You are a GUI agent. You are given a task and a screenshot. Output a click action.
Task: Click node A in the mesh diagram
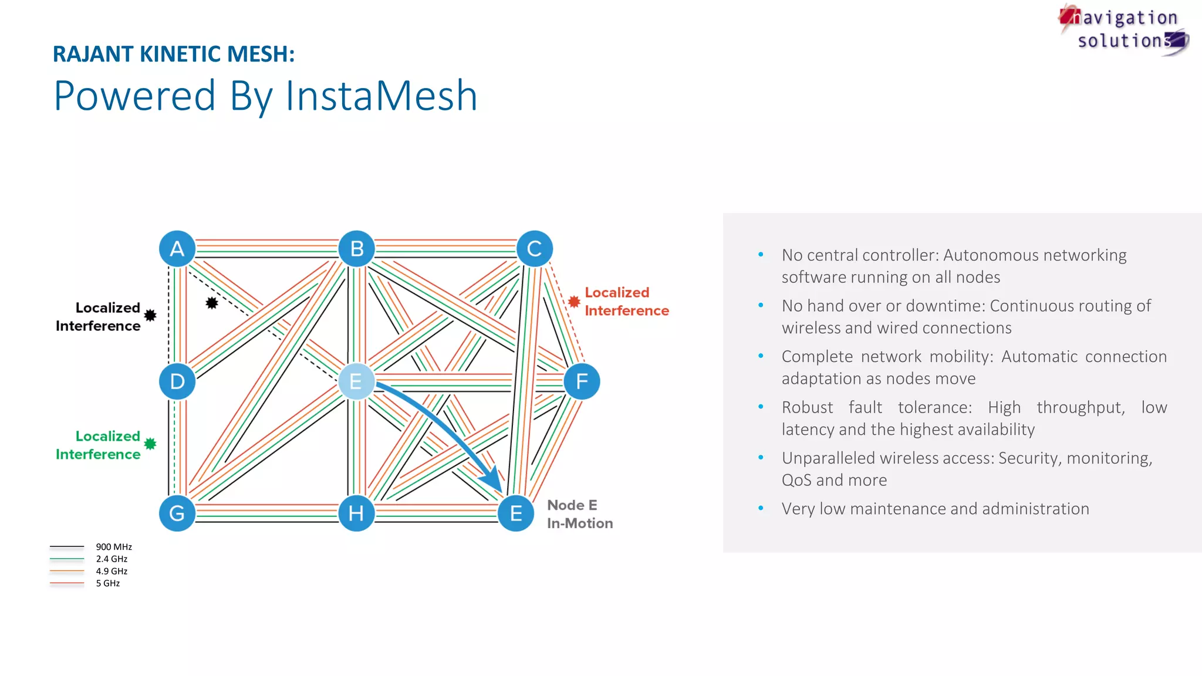click(x=177, y=249)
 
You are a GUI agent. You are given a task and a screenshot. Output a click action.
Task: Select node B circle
click(x=356, y=249)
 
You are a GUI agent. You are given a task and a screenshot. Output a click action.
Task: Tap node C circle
click(x=534, y=249)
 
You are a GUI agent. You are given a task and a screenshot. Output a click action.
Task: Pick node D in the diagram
click(x=177, y=381)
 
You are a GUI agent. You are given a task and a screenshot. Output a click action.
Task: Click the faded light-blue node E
click(x=356, y=381)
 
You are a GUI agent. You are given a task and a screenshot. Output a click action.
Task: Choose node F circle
click(x=582, y=381)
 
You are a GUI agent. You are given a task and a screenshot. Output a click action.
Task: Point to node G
click(x=177, y=513)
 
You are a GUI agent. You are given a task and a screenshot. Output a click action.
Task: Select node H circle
click(x=356, y=513)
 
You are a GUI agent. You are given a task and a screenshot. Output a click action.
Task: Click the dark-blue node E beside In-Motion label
click(x=516, y=513)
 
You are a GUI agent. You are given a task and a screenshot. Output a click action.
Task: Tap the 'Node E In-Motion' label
click(x=579, y=514)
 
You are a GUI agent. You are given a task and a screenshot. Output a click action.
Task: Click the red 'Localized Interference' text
click(x=626, y=302)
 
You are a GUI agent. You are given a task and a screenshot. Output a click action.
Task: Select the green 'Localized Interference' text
click(x=99, y=445)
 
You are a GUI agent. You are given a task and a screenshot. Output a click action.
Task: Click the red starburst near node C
click(x=574, y=302)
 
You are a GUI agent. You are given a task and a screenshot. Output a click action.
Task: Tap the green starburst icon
click(x=150, y=444)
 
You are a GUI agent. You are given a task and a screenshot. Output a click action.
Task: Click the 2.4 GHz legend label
click(x=112, y=559)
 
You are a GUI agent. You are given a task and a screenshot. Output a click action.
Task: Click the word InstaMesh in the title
click(x=381, y=96)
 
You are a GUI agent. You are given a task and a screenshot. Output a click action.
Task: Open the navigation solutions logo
click(x=1124, y=29)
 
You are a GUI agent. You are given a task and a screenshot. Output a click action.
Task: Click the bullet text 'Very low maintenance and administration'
click(x=935, y=509)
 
